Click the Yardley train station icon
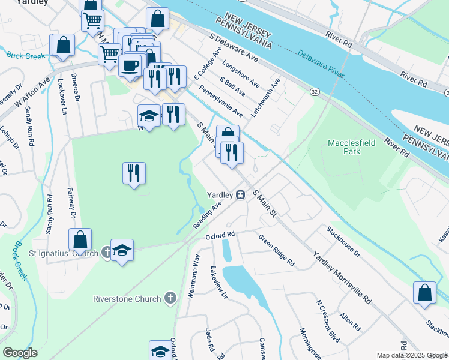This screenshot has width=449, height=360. point(240,195)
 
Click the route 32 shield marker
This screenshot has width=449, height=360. point(314,91)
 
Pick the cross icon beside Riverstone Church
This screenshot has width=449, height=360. point(170,299)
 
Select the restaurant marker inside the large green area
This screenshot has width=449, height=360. point(134,173)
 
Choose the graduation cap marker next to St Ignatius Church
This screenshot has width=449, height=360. point(122,250)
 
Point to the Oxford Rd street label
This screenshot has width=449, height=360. point(219,236)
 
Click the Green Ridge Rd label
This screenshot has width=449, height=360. point(277,250)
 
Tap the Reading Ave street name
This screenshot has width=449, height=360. point(208,215)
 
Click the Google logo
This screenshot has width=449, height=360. point(20,352)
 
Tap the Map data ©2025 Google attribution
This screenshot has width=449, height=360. point(411,355)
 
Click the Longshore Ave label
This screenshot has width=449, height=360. point(241,72)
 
